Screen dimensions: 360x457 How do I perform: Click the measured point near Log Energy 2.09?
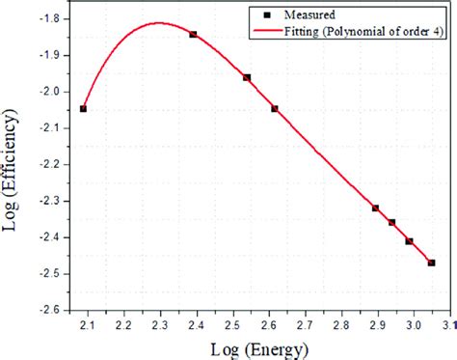(83, 109)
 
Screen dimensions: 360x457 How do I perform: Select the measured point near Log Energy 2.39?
(193, 34)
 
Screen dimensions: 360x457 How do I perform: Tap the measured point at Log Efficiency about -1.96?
(247, 77)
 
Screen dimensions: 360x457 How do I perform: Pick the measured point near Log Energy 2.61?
(275, 109)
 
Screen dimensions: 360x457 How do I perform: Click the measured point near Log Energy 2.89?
(375, 208)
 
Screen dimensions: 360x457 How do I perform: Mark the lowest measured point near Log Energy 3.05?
(431, 263)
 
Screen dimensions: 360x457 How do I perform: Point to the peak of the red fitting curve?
(160, 22)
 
